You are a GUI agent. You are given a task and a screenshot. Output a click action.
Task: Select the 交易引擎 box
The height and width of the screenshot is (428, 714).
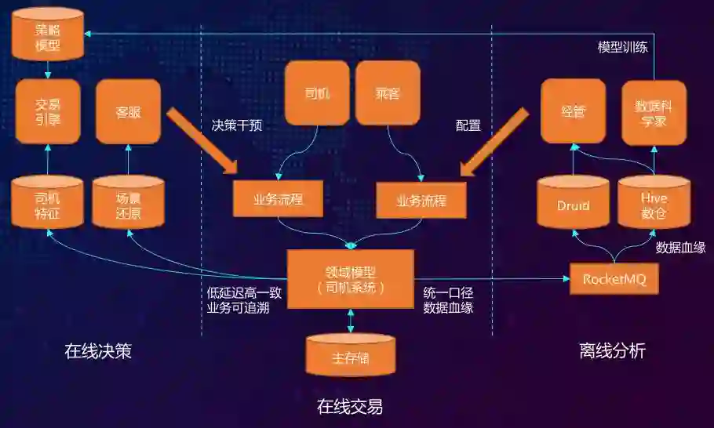click(48, 111)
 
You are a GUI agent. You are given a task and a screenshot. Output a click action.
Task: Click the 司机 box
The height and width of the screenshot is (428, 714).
click(316, 93)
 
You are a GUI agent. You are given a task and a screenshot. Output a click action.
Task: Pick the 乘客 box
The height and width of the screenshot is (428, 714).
click(388, 93)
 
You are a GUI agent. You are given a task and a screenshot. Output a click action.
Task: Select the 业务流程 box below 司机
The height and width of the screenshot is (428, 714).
click(278, 199)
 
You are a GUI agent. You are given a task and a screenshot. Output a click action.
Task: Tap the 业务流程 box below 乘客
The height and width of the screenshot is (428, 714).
click(421, 200)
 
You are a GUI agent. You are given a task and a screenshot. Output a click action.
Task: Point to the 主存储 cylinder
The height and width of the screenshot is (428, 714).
click(350, 357)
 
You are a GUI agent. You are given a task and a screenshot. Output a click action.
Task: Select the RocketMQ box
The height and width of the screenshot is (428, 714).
click(614, 279)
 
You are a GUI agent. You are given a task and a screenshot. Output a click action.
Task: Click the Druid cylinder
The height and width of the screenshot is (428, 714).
click(573, 205)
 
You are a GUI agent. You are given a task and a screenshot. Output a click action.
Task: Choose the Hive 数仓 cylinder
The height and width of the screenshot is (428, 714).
click(654, 205)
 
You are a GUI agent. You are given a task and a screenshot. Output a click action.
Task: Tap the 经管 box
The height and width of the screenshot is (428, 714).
click(573, 111)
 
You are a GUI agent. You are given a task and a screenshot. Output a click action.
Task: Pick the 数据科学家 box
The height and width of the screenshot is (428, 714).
click(654, 111)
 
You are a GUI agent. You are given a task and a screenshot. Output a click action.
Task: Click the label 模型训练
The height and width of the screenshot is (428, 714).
click(623, 47)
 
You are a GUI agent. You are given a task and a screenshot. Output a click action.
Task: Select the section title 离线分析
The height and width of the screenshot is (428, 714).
click(612, 351)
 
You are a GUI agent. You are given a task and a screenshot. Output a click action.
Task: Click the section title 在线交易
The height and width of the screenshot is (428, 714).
click(350, 406)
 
